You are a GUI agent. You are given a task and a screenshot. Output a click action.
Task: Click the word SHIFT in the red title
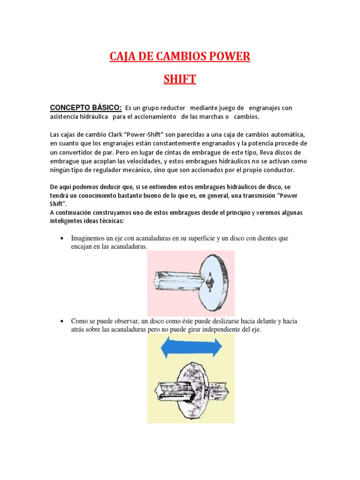coord(180,79)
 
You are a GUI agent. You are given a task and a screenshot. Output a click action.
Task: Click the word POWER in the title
coord(227,57)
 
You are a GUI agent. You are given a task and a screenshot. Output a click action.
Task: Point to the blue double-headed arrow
coord(191,348)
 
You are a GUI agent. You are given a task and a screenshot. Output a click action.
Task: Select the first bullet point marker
coord(62,239)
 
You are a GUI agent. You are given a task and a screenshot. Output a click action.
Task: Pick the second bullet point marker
coord(62,322)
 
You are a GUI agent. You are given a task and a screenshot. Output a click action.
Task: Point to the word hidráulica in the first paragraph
coord(90,116)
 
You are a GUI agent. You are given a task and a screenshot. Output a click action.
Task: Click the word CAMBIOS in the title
coord(180,57)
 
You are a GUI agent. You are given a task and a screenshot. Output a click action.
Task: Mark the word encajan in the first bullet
coord(82,247)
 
